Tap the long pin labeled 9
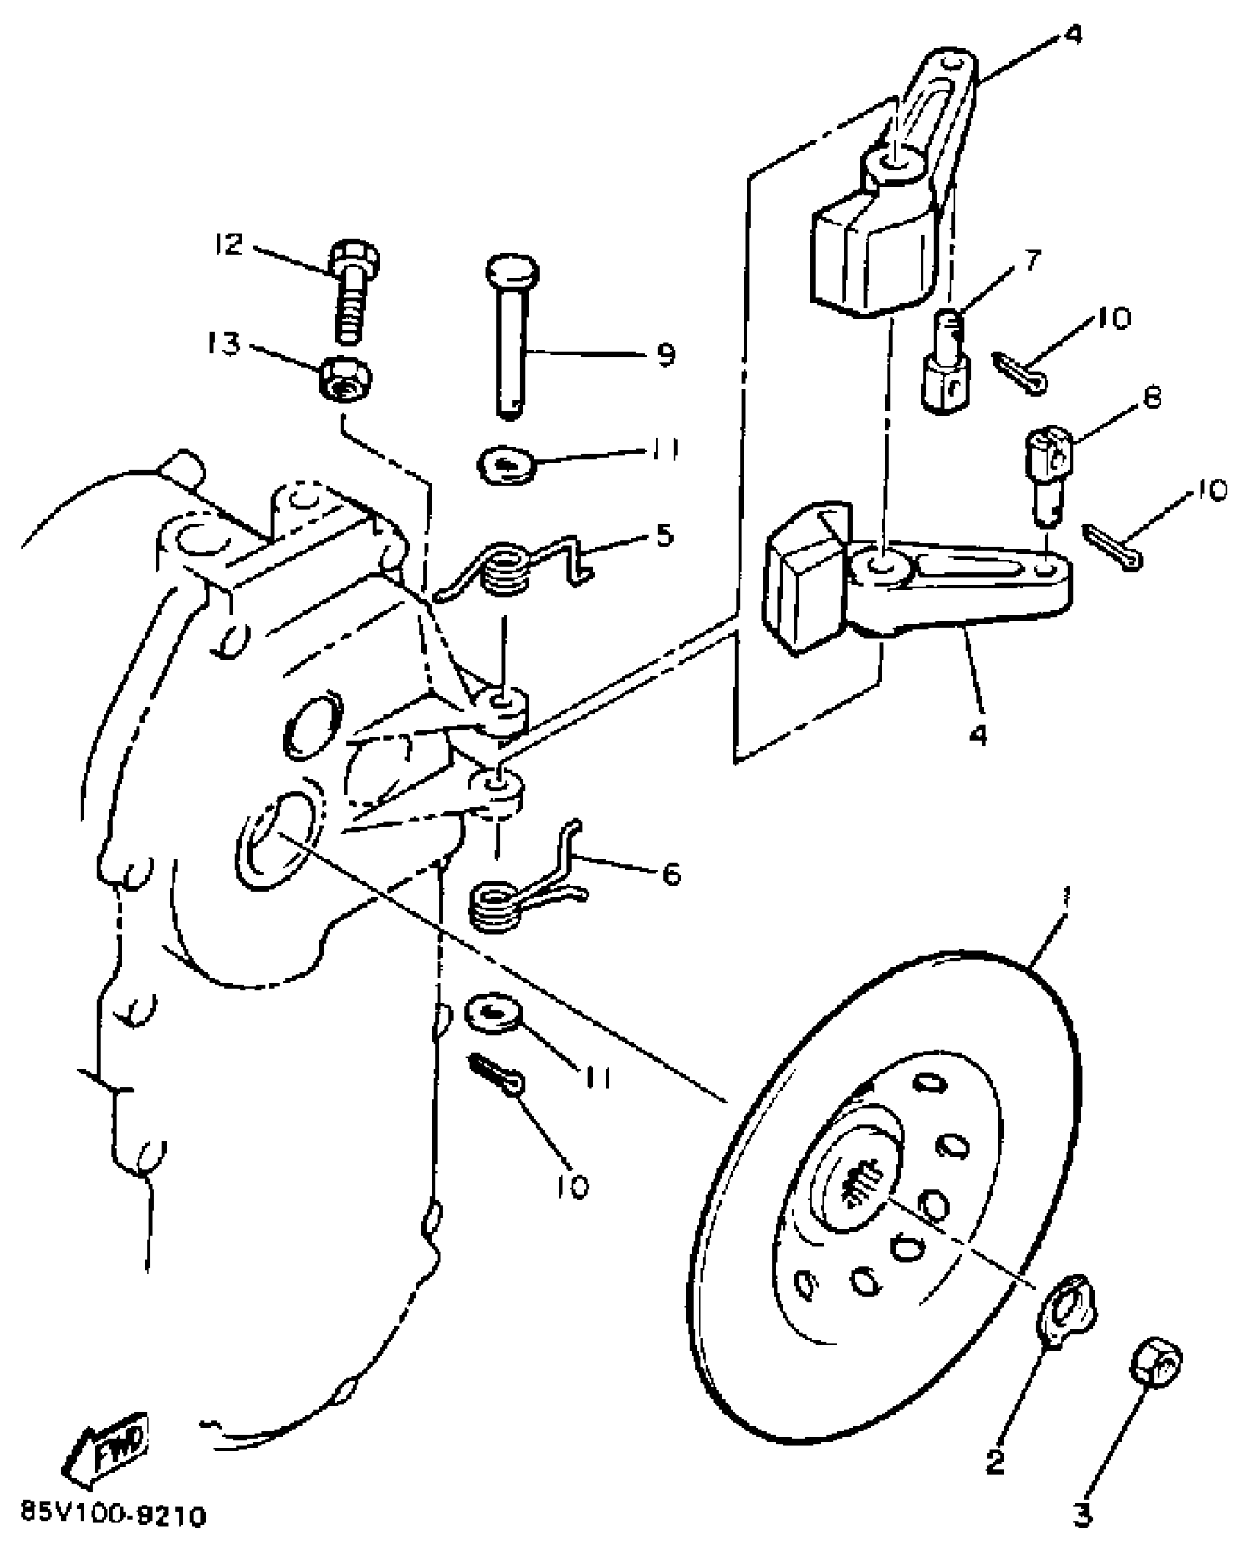pos(512,338)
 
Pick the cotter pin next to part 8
pos(1113,547)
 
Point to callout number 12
pos(228,244)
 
